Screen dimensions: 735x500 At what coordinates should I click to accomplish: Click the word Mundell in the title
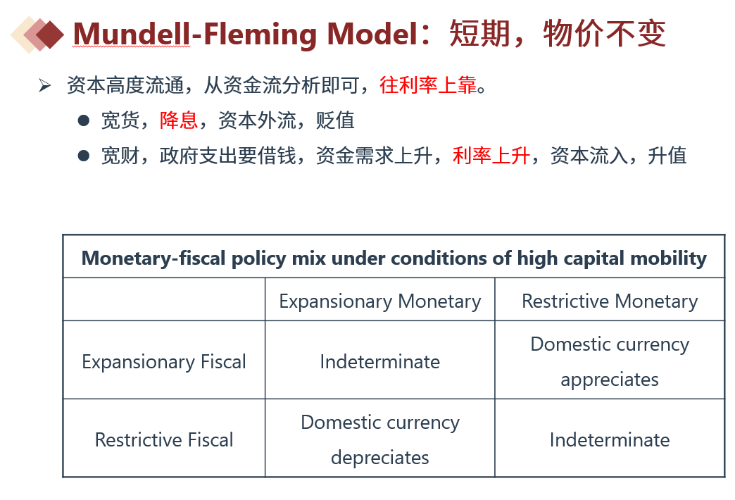(132, 34)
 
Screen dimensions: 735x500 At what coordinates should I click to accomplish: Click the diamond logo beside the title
(37, 35)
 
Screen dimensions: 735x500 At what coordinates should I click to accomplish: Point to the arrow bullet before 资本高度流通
(44, 85)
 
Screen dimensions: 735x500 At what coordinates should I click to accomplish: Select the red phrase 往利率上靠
(428, 85)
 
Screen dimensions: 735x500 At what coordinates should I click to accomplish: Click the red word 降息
(179, 120)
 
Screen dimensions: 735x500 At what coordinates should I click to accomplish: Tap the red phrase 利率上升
(491, 155)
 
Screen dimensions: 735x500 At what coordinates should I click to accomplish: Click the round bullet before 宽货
(84, 120)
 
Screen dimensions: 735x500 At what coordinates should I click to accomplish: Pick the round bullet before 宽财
(84, 156)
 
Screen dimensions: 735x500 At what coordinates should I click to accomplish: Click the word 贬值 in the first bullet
(335, 120)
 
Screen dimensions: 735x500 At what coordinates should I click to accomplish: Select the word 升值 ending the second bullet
(667, 155)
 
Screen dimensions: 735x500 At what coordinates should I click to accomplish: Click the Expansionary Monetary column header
(380, 301)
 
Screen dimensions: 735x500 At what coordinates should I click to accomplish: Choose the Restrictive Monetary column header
(610, 301)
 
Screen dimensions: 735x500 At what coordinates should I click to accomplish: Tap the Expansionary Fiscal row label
(164, 362)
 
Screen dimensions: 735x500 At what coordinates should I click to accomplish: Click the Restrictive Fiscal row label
(164, 440)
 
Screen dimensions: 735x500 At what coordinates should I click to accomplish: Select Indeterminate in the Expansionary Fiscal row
(380, 362)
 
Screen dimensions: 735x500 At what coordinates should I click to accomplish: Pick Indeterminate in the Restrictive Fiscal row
(610, 440)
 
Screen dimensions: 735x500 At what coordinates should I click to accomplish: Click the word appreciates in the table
(610, 380)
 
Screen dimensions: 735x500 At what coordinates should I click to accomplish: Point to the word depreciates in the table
(380, 458)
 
